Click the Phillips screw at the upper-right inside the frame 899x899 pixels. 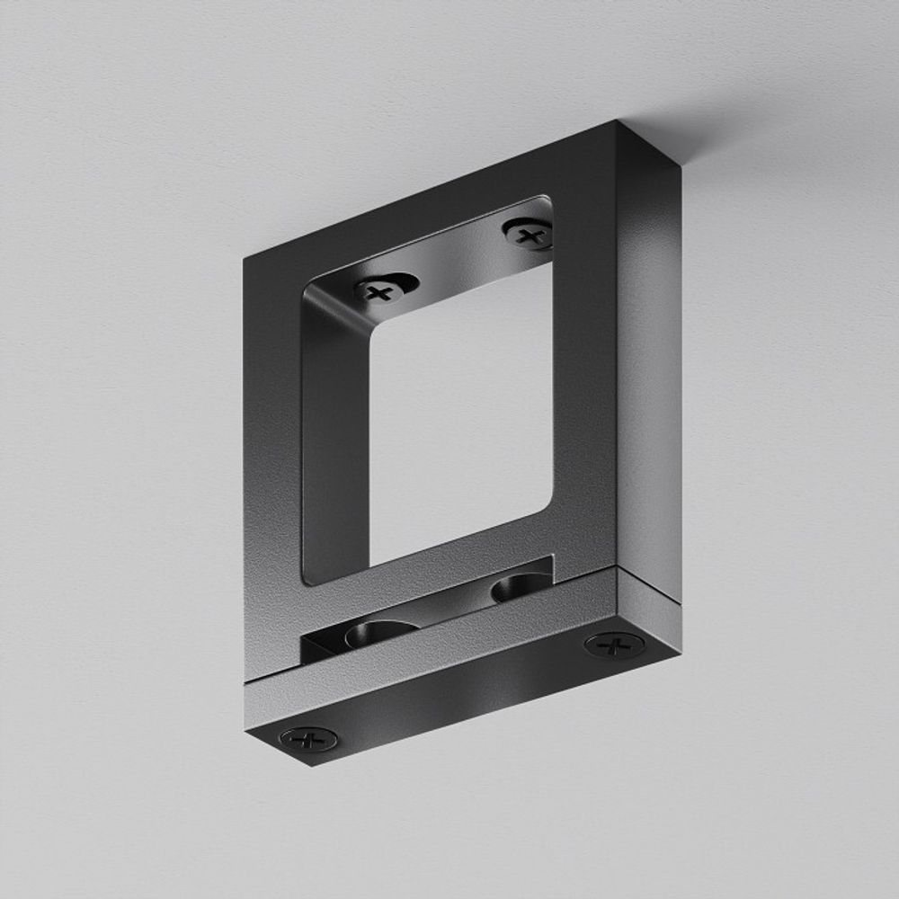point(529,236)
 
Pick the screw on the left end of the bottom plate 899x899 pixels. point(308,739)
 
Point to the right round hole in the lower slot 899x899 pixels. point(515,589)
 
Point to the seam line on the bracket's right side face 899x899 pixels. point(649,584)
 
